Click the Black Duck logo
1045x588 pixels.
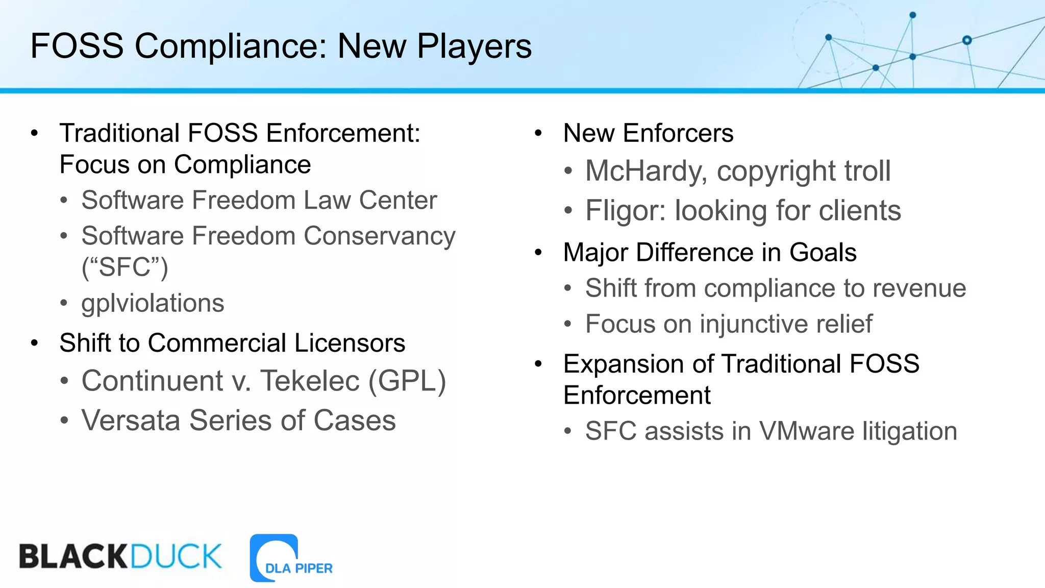pyautogui.click(x=120, y=556)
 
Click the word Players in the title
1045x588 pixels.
pyautogui.click(x=474, y=46)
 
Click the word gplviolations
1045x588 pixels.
pyautogui.click(x=153, y=303)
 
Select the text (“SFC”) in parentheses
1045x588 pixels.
pyautogui.click(x=125, y=267)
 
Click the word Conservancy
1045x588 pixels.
pyautogui.click(x=379, y=236)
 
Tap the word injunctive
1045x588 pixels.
pyautogui.click(x=753, y=325)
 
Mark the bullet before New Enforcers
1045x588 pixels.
pyautogui.click(x=538, y=134)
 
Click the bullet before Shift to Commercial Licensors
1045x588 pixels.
pyautogui.click(x=34, y=343)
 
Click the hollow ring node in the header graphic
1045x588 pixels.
pyautogui.click(x=967, y=40)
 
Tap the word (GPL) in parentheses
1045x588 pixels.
pyautogui.click(x=407, y=381)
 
